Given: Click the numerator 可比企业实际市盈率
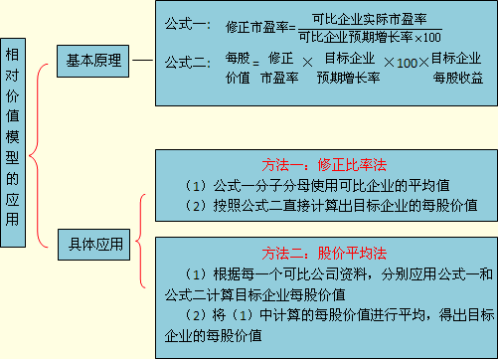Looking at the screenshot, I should pyautogui.click(x=369, y=19).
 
